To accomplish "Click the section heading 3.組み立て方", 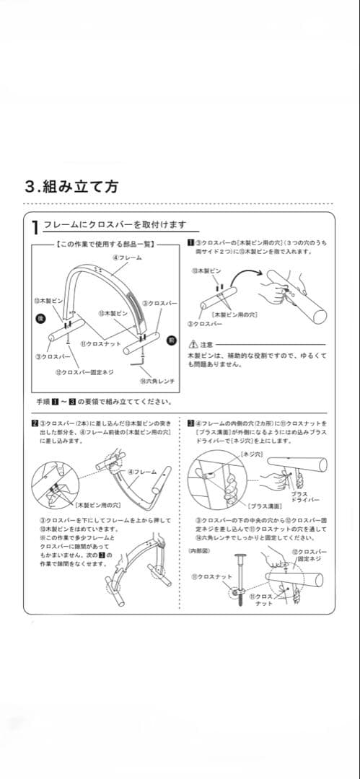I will tap(71, 186).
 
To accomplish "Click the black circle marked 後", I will tap(42, 317).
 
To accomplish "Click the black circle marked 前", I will tap(172, 338).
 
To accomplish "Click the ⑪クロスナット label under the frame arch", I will tap(100, 345).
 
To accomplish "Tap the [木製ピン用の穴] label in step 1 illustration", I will tap(234, 314).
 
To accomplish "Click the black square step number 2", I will tap(35, 423).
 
